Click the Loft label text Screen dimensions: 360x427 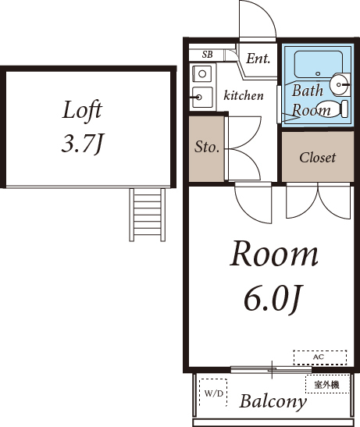(82, 110)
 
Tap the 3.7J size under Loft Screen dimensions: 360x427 (82, 144)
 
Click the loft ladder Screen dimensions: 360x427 (147, 215)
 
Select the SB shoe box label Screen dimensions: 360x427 (207, 55)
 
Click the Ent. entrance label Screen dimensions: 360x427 (258, 59)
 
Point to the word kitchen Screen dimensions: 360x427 (244, 95)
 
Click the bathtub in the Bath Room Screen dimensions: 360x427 (318, 64)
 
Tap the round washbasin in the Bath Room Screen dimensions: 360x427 (340, 84)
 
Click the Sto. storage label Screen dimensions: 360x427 (207, 147)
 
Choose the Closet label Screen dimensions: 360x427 (318, 158)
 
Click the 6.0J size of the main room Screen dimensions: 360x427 (273, 300)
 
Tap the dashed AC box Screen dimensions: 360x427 (320, 358)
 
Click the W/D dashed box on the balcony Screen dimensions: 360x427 (213, 393)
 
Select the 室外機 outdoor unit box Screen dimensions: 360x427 (327, 384)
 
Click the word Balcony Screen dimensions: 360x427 (273, 401)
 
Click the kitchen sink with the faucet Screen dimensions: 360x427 (202, 98)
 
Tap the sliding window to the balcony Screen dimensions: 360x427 (271, 369)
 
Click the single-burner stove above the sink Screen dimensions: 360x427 (202, 73)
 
